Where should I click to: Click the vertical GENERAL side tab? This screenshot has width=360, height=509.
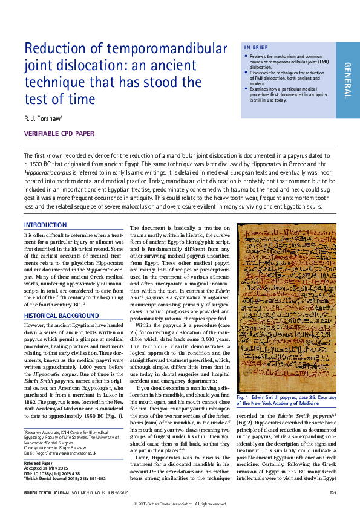pyautogui.click(x=347, y=80)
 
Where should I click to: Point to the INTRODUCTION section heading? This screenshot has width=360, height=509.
pyautogui.click(x=45, y=225)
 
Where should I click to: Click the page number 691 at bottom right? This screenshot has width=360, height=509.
pyautogui.click(x=333, y=494)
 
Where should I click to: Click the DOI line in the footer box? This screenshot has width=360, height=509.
pyautogui.click(x=52, y=473)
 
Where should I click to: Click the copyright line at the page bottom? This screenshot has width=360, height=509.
pyautogui.click(x=180, y=504)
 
